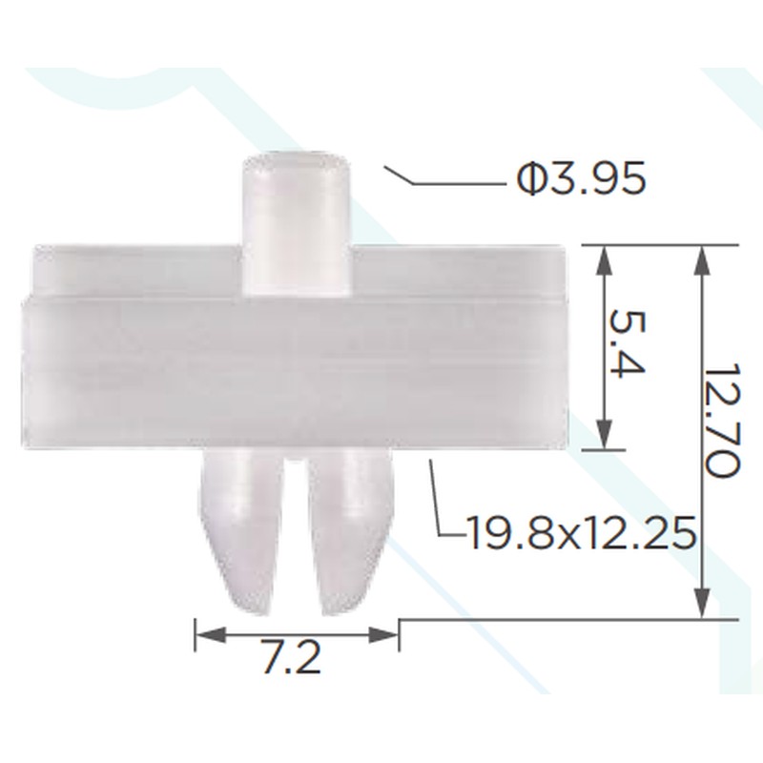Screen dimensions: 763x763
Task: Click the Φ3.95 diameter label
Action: pyautogui.click(x=581, y=178)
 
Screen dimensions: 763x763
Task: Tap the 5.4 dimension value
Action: pyautogui.click(x=628, y=343)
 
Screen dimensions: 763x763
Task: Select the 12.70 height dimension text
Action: pyautogui.click(x=723, y=420)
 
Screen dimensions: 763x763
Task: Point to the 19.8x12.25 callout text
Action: pyautogui.click(x=580, y=533)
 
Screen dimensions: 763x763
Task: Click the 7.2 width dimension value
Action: pyautogui.click(x=292, y=657)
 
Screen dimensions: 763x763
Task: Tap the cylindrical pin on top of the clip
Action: pyautogui.click(x=297, y=224)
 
